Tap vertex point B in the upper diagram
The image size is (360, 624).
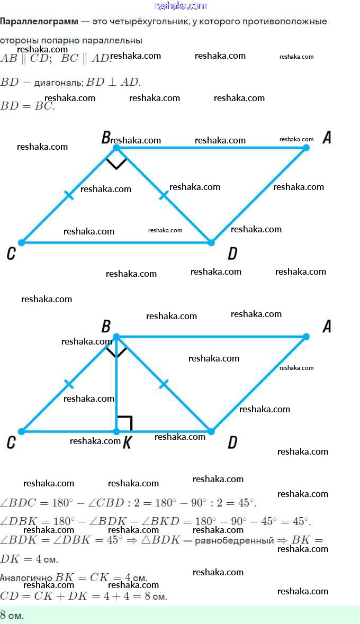116,148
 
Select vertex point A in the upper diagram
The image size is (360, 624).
306,148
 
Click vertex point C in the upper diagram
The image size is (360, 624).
22,242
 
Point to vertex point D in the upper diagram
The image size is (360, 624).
211,242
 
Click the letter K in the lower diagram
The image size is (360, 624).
127,444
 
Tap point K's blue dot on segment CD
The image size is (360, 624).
116,431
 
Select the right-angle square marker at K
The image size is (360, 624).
125,423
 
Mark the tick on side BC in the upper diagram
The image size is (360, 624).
69,195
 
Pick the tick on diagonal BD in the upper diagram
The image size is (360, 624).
164,195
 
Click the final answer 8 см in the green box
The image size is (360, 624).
12,615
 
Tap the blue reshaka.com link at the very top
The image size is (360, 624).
181,6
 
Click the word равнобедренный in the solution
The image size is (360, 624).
234,540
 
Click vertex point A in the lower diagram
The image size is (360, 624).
306,336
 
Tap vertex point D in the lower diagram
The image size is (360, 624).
211,431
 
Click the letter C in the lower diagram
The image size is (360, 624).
11,443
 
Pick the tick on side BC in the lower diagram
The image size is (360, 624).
69,384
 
